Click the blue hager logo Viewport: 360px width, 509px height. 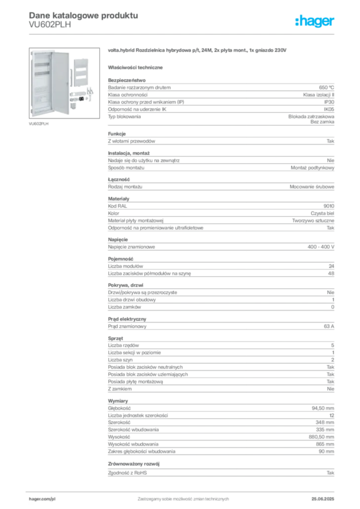[x=315, y=22]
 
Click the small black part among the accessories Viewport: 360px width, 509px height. [x=81, y=99]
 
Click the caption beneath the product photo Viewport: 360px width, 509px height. [x=39, y=123]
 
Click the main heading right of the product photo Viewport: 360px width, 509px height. [x=196, y=51]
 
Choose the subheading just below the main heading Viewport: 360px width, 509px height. [x=137, y=66]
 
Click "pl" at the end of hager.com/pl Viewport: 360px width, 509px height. [x=53, y=498]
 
